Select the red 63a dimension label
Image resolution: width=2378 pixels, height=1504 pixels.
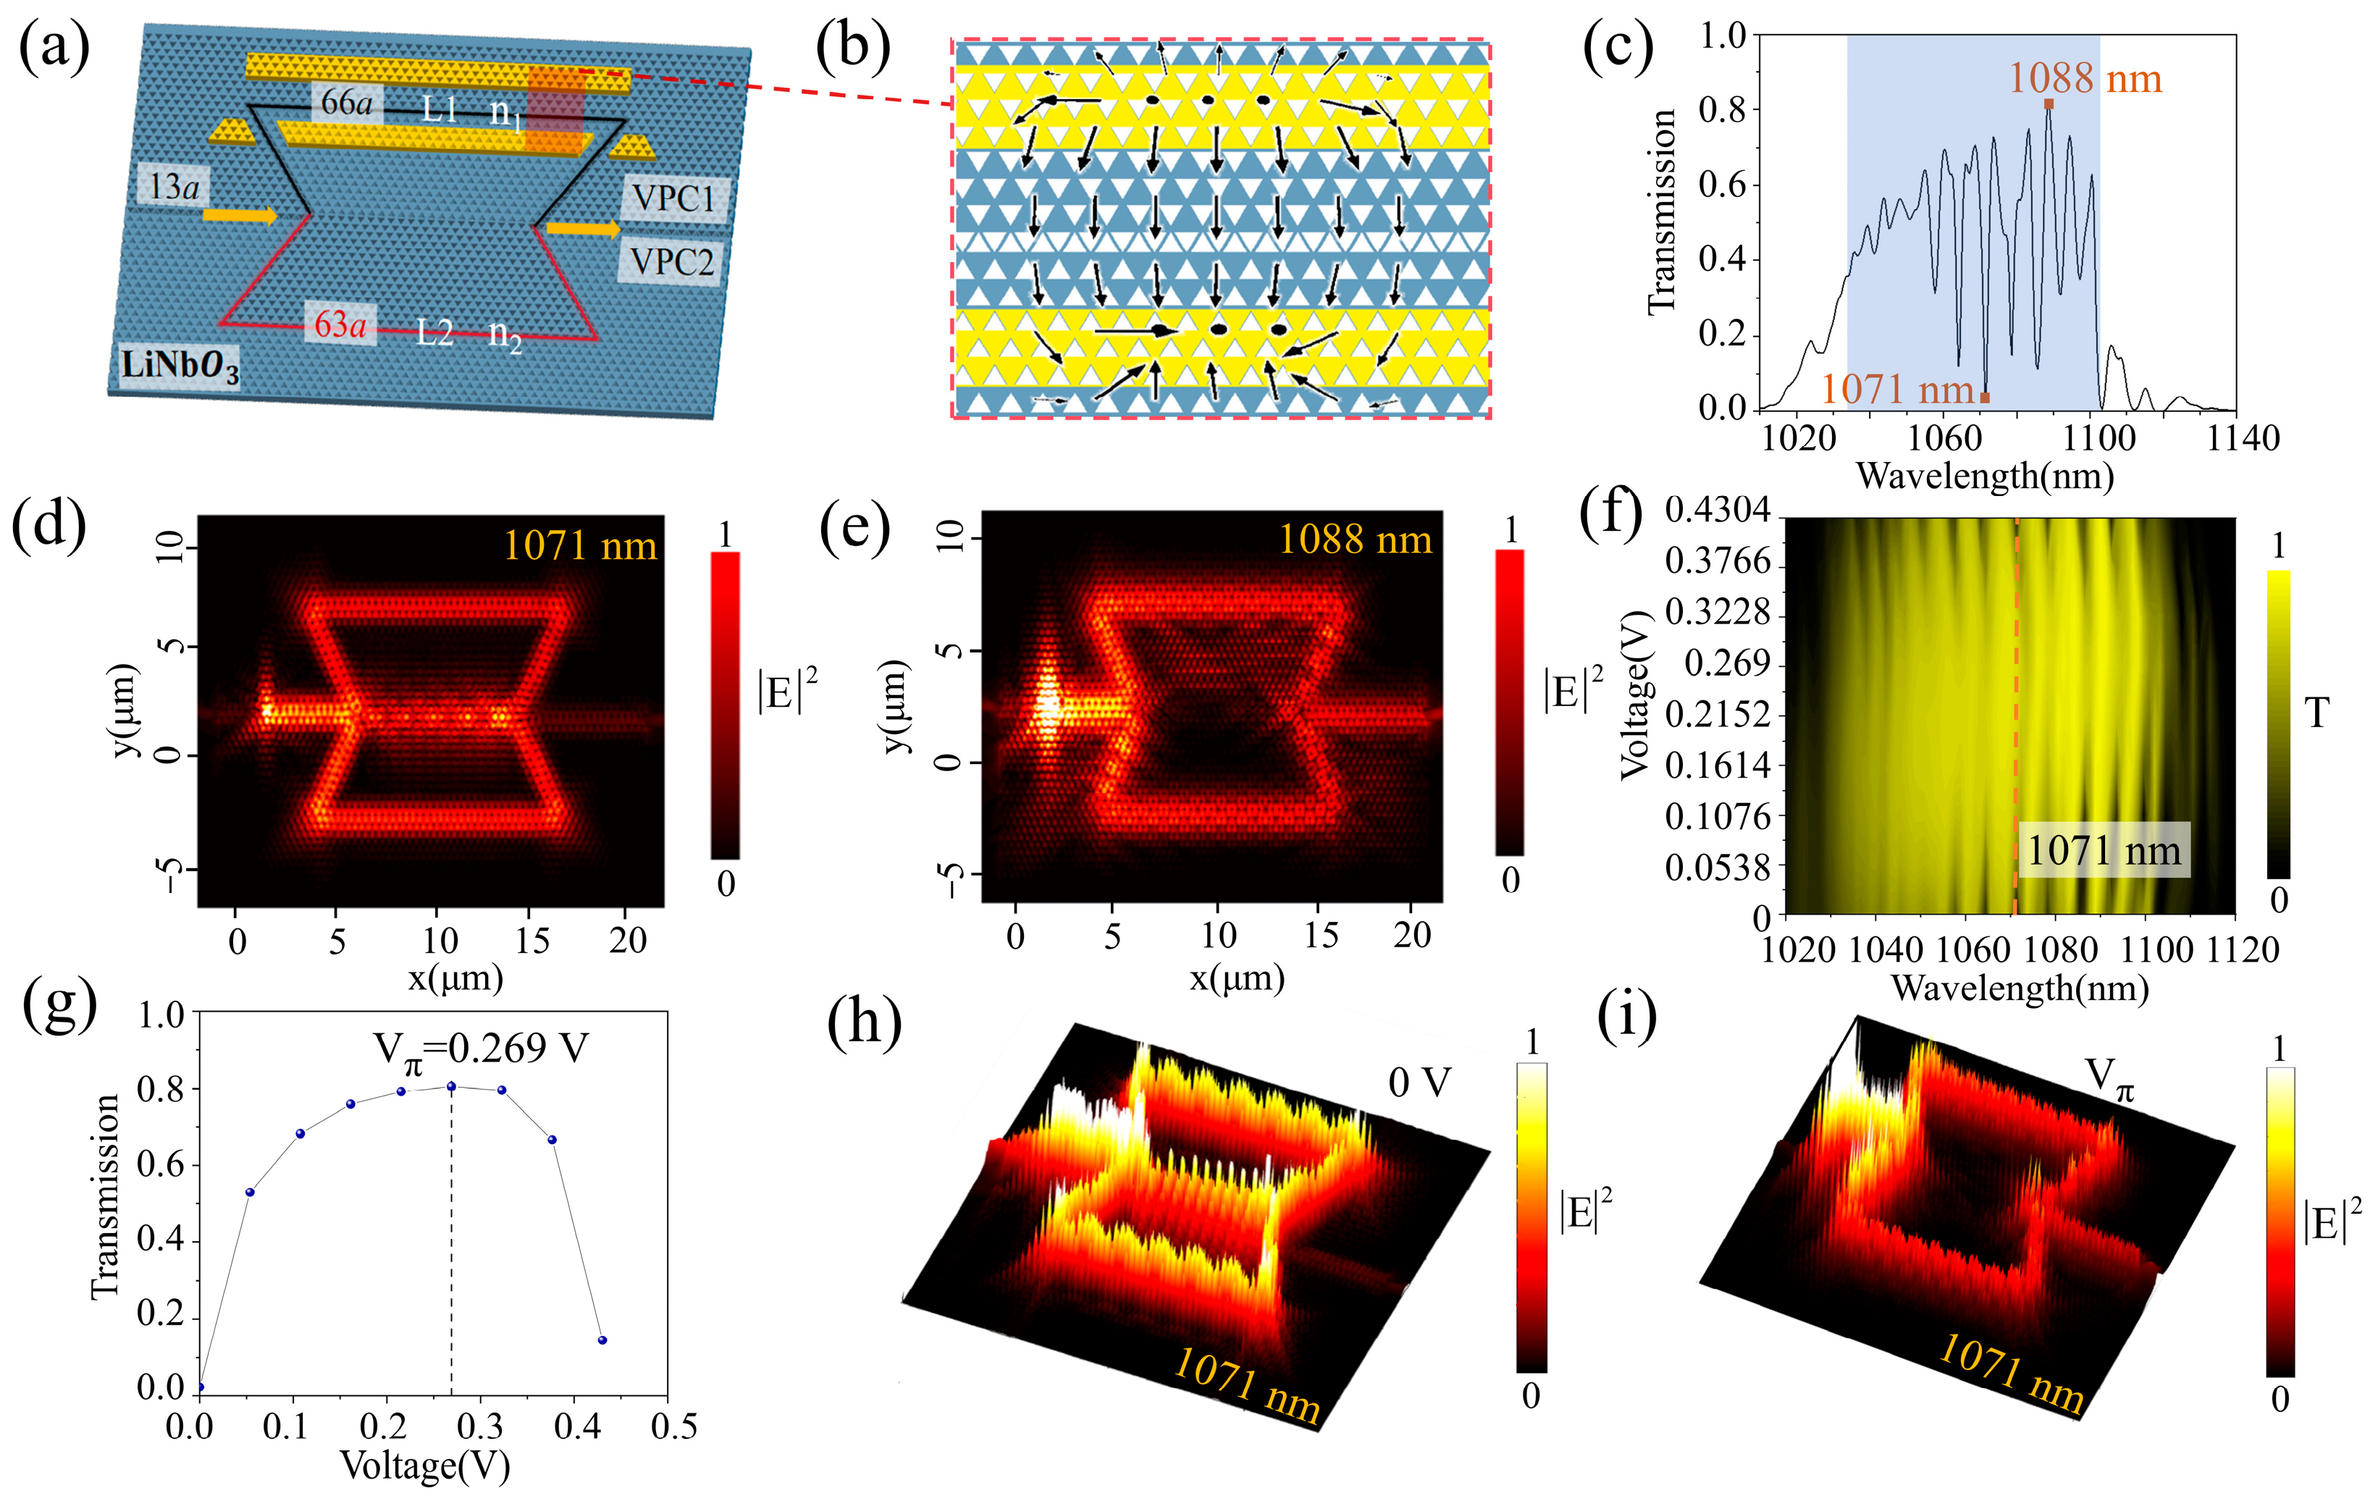(x=340, y=324)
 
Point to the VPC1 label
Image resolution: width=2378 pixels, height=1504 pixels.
(x=673, y=198)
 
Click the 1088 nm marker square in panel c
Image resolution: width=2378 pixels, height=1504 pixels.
(x=2048, y=104)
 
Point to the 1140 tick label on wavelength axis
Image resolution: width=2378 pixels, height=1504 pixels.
(x=2242, y=439)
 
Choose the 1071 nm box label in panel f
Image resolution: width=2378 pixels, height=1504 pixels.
(x=2104, y=850)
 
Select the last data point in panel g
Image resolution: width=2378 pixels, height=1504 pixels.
(x=602, y=1340)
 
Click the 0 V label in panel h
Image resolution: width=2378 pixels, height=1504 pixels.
(x=1419, y=1083)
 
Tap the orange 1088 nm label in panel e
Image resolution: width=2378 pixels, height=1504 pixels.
(x=1354, y=539)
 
